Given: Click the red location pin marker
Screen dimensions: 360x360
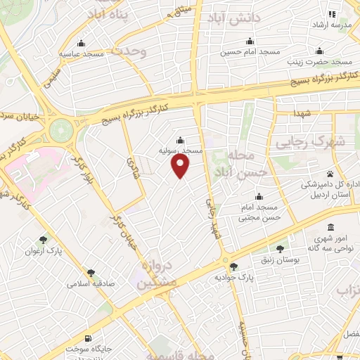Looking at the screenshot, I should (181, 165).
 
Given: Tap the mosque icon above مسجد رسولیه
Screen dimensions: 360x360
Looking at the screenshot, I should (181, 139).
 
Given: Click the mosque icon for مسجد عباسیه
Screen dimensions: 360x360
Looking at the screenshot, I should (82, 43).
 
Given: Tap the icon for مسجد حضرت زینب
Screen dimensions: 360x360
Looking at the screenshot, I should (319, 50).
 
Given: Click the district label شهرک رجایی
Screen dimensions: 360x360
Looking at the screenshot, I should (322, 141).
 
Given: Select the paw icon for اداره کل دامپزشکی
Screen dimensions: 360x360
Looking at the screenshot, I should (330, 173).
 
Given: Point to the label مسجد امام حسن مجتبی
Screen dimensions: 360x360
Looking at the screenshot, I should (259, 212).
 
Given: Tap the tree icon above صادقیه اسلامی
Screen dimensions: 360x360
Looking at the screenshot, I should (91, 273).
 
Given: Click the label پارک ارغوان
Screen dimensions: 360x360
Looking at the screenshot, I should (44, 251).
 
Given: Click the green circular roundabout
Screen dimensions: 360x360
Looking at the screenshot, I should (62, 129).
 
